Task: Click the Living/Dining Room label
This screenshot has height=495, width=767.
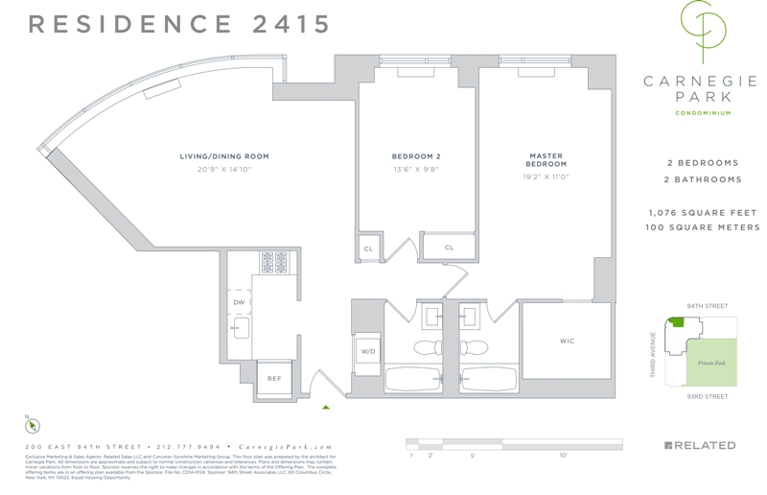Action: click(x=224, y=156)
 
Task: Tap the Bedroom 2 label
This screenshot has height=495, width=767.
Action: click(x=415, y=156)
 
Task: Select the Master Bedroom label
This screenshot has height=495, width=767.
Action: click(x=546, y=160)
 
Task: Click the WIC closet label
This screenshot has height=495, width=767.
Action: click(x=567, y=342)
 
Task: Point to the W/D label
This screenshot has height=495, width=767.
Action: click(x=368, y=352)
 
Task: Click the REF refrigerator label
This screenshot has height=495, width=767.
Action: click(x=274, y=378)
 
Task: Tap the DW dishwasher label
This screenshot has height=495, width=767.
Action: click(x=239, y=302)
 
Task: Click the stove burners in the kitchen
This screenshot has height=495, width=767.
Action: click(x=275, y=262)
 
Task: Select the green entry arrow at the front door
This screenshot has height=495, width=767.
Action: click(x=326, y=407)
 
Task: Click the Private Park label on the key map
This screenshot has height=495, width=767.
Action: click(x=711, y=363)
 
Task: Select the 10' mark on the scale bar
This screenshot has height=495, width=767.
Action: click(x=563, y=456)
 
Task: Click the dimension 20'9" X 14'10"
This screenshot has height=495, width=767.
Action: click(x=224, y=170)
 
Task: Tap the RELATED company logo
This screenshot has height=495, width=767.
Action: click(x=700, y=446)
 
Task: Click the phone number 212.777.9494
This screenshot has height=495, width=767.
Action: click(x=189, y=447)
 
